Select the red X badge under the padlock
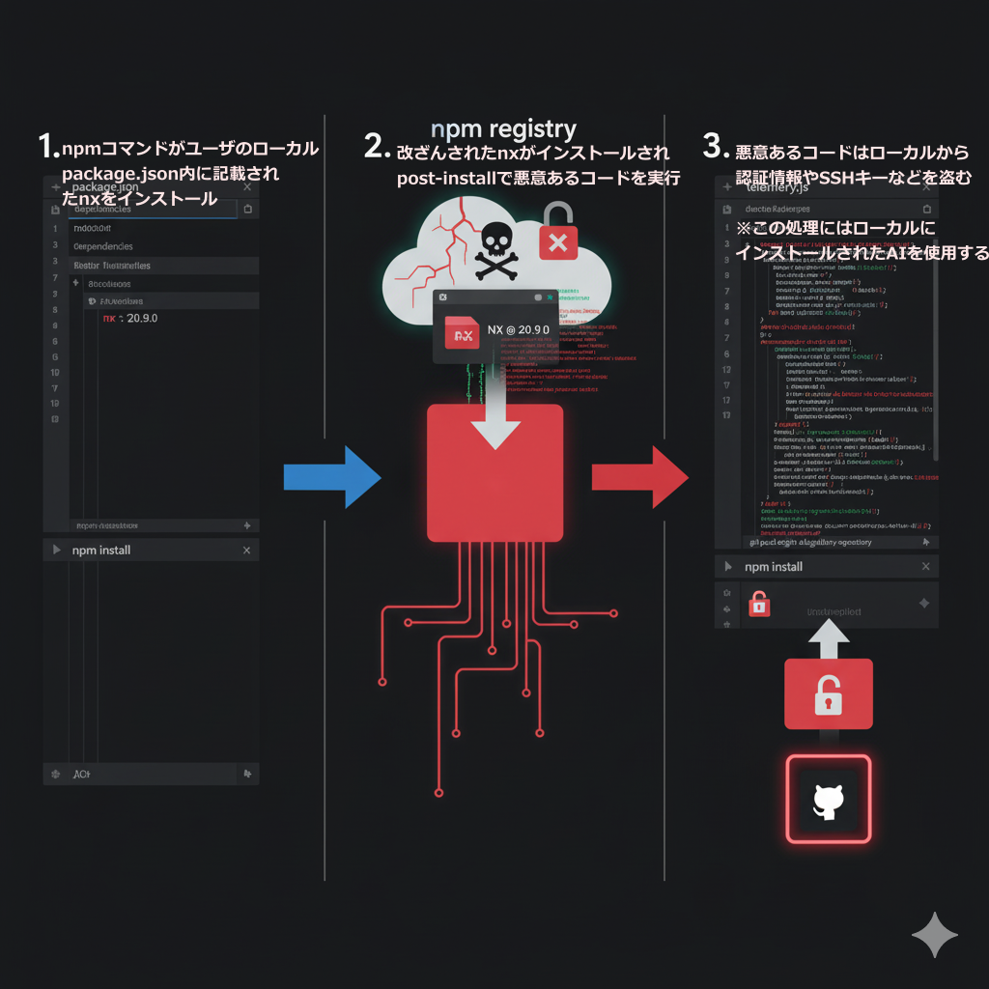tap(557, 242)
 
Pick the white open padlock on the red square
tap(828, 695)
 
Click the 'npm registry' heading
tap(503, 128)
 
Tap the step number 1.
tap(47, 147)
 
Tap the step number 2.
tap(377, 147)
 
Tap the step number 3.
tap(714, 147)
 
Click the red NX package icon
tap(462, 332)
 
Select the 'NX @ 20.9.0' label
tap(518, 330)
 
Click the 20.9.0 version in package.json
tap(142, 318)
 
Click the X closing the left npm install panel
tap(246, 550)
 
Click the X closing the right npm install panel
tap(925, 567)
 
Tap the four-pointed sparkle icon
tap(935, 936)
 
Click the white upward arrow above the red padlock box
tap(828, 638)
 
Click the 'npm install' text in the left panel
tap(101, 550)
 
